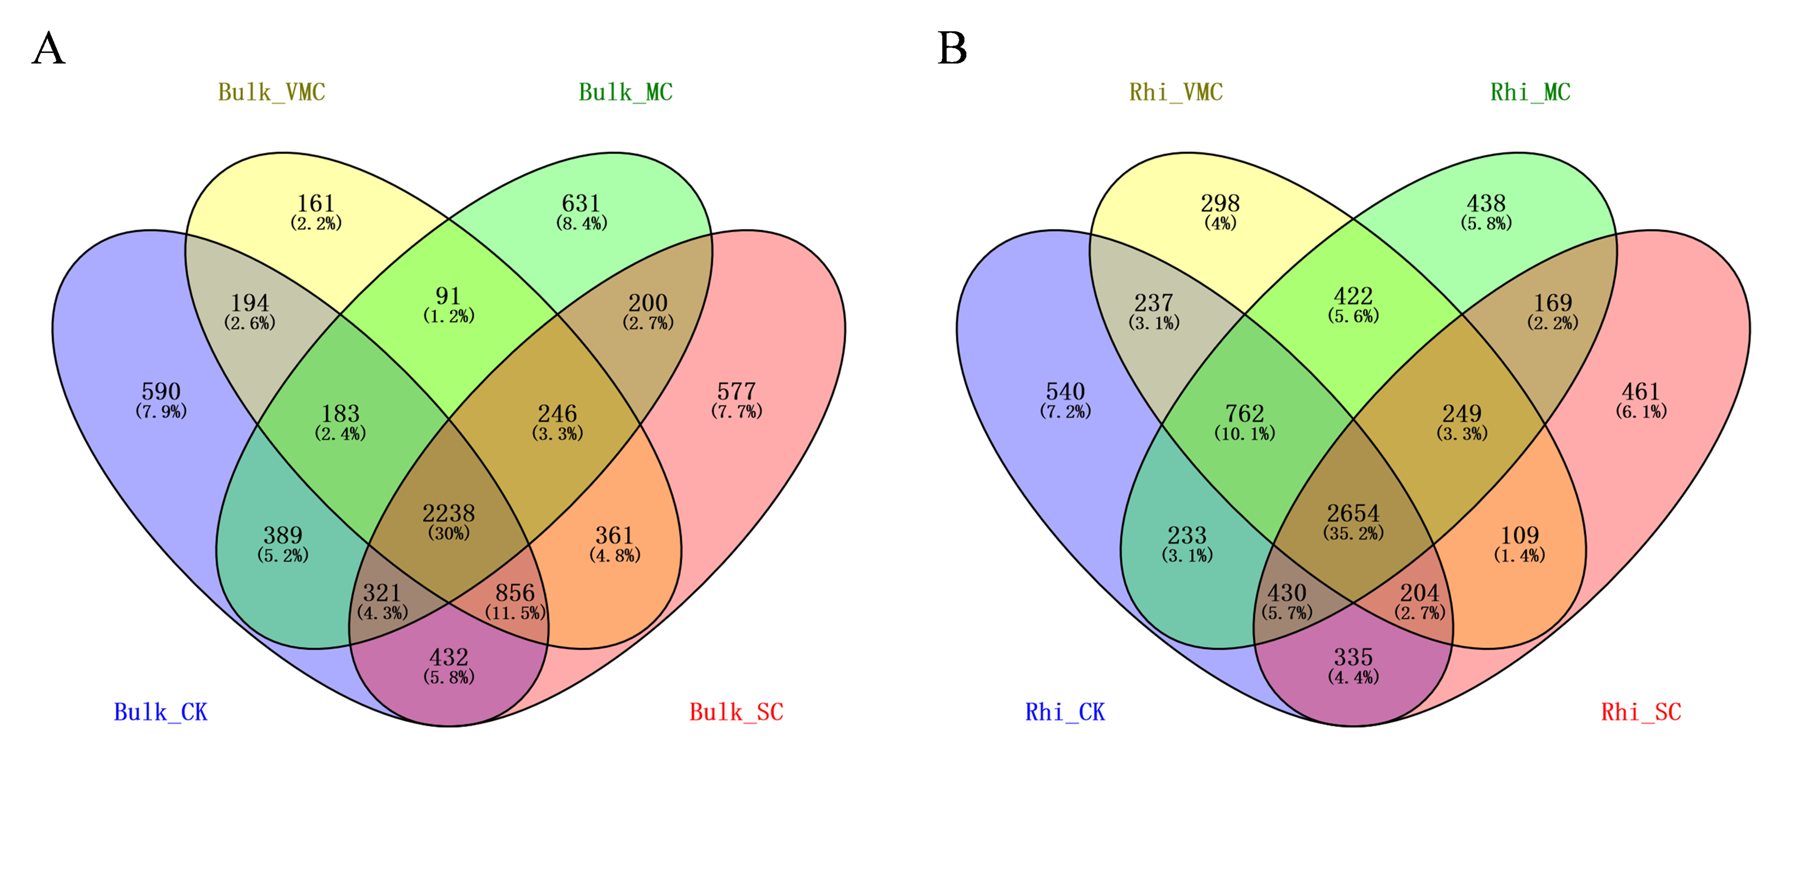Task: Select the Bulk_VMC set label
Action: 271,92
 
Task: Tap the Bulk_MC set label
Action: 625,92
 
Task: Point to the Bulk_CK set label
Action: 160,712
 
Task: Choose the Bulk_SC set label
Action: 736,712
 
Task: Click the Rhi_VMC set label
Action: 1176,92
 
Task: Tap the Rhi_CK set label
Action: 1065,712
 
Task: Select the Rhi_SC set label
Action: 1641,712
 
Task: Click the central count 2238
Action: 449,514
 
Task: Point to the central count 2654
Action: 1353,514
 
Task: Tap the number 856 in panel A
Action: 515,593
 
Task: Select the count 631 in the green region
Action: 581,204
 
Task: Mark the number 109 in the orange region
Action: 1519,535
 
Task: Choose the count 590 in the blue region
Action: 161,392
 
